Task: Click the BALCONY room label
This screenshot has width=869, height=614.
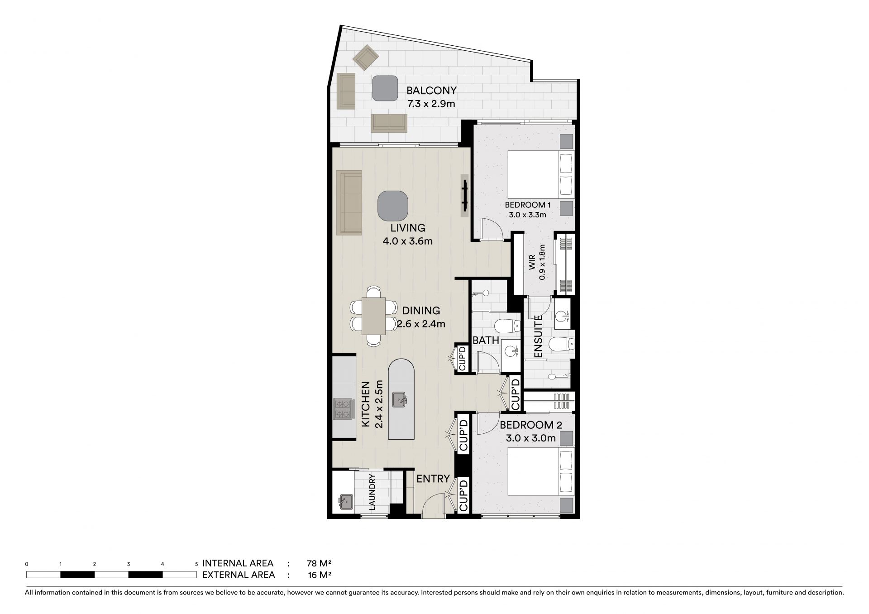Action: tap(431, 90)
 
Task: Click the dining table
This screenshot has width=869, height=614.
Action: tap(373, 316)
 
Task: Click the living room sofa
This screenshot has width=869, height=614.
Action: tap(349, 203)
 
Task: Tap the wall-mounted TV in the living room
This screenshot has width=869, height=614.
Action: tap(464, 196)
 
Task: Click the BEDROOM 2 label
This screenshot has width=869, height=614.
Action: tap(531, 425)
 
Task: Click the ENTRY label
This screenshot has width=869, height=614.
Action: tap(433, 479)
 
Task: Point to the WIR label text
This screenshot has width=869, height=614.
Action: tap(532, 262)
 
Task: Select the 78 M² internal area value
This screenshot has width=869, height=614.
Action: tap(319, 564)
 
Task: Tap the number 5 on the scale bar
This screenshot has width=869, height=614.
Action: tap(196, 564)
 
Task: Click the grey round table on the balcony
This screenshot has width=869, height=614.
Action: tap(385, 88)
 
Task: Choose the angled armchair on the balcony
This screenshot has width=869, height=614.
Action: tap(366, 58)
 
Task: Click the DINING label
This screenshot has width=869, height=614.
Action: tap(421, 311)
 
